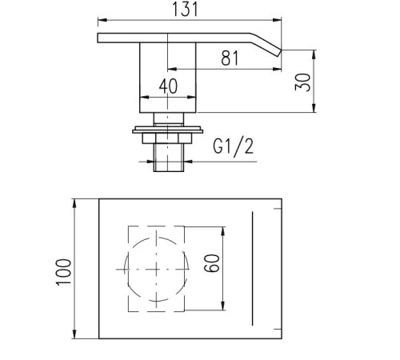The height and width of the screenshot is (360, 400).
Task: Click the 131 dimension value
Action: click(x=185, y=10)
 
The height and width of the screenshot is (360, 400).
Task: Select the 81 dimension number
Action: click(x=230, y=58)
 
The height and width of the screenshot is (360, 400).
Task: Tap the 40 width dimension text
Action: click(x=168, y=86)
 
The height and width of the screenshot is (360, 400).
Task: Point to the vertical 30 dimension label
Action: click(x=303, y=82)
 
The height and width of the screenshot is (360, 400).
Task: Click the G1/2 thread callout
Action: click(x=234, y=146)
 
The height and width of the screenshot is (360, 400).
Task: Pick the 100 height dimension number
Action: click(x=64, y=272)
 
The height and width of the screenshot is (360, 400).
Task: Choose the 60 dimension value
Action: click(x=212, y=263)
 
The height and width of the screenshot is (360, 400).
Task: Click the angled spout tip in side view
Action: click(x=279, y=53)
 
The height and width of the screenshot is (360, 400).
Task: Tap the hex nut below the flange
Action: click(x=167, y=138)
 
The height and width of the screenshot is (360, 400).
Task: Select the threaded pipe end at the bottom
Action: click(x=169, y=158)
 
